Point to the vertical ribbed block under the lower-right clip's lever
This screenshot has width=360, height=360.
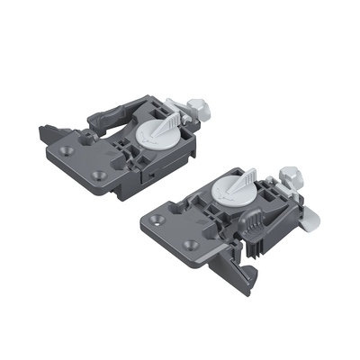tap(258, 240)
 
